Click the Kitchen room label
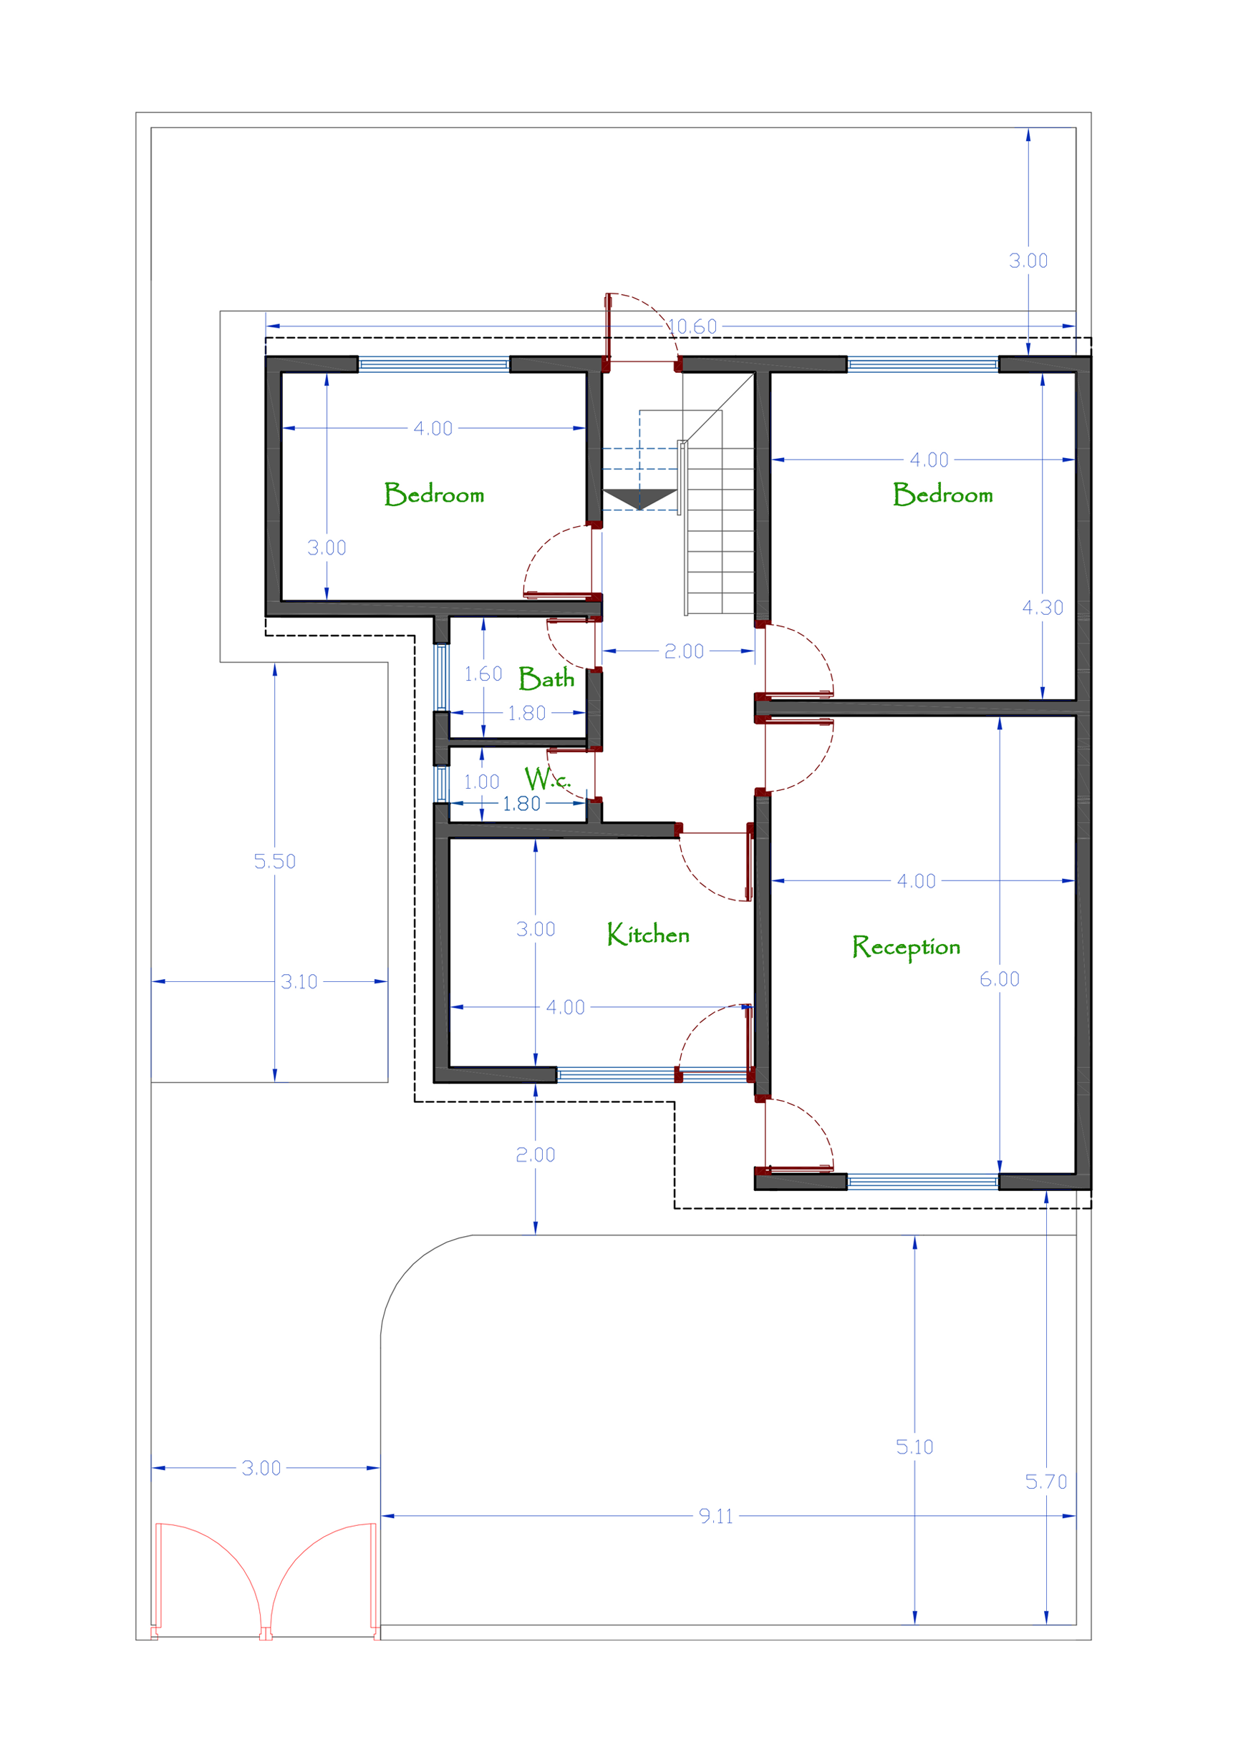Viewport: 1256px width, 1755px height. tap(648, 934)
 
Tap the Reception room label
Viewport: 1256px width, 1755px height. tap(906, 947)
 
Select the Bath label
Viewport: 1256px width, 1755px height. tap(546, 678)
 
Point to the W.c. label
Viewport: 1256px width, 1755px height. tap(547, 778)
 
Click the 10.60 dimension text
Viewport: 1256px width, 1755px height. tap(693, 326)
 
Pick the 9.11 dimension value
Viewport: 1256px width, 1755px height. tap(715, 1516)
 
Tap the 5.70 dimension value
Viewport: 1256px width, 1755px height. tap(1045, 1482)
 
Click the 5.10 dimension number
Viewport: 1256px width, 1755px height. tap(914, 1447)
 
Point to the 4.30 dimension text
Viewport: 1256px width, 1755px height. tap(1043, 608)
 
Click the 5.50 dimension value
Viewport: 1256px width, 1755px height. tap(274, 861)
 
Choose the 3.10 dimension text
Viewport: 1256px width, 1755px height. tap(299, 982)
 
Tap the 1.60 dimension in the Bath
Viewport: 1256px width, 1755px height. tap(483, 674)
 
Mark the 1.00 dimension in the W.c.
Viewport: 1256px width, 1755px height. tap(481, 782)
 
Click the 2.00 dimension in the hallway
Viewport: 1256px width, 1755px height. tap(684, 651)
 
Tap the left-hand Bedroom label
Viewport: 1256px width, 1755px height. tap(434, 494)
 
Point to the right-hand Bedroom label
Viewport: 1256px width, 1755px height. tap(943, 494)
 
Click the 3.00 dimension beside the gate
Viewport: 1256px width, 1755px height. tap(261, 1468)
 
